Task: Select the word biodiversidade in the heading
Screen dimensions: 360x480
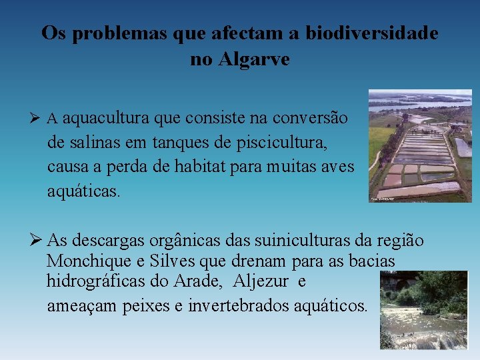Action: [372, 33]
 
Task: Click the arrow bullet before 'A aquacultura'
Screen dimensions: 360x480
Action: [38, 119]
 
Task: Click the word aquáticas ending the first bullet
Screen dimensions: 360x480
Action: [83, 191]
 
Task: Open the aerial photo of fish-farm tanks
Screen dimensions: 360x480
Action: [420, 145]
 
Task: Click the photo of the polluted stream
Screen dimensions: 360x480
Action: [423, 310]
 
